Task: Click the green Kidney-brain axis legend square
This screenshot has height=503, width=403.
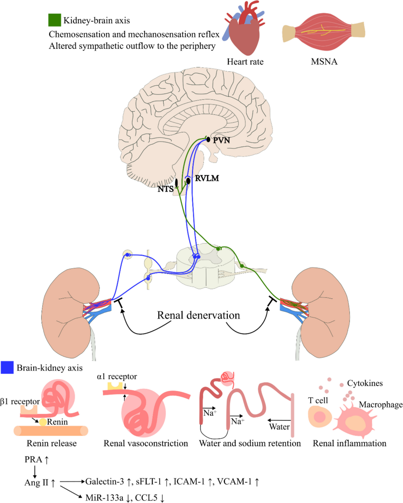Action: click(54, 20)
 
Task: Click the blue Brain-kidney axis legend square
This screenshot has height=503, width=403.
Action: click(7, 367)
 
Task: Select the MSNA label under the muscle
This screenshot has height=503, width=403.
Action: click(324, 62)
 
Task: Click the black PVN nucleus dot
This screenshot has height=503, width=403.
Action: click(208, 140)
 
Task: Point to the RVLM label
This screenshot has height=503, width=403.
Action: click(207, 178)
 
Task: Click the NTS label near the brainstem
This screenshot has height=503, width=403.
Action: click(165, 189)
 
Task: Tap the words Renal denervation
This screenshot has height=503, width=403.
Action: click(198, 315)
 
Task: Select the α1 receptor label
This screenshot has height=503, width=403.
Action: click(117, 377)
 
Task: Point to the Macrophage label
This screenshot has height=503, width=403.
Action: click(380, 404)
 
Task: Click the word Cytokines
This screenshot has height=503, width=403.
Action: click(365, 383)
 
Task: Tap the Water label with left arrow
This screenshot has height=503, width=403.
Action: click(279, 427)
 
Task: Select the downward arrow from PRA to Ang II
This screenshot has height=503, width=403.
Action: click(35, 471)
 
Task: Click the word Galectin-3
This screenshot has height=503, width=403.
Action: click(105, 482)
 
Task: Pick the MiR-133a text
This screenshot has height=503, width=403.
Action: click(104, 498)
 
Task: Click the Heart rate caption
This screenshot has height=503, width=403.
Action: click(245, 62)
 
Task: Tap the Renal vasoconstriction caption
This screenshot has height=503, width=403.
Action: click(146, 443)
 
